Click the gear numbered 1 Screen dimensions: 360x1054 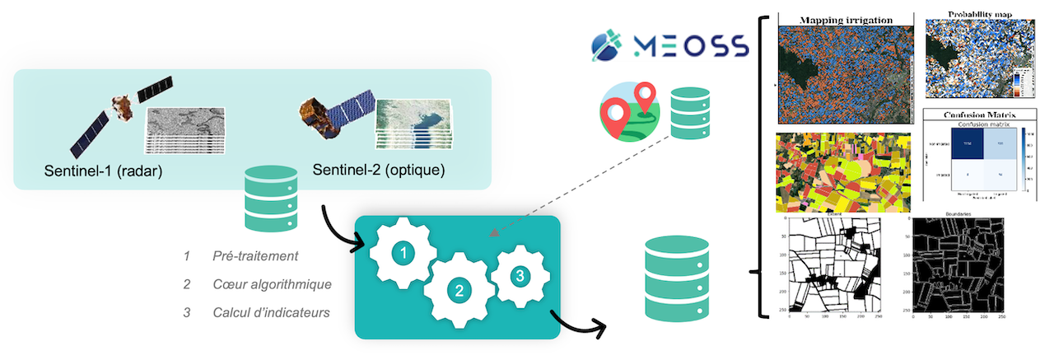coord(402,254)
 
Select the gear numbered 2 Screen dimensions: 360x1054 coord(459,289)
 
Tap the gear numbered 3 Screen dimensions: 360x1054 coord(518,276)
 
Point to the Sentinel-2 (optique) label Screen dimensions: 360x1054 coord(379,171)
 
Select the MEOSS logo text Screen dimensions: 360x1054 coord(690,44)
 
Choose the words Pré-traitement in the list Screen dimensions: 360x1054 coord(254,256)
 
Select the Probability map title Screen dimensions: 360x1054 coord(979,15)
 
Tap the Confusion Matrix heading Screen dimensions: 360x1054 coord(978,115)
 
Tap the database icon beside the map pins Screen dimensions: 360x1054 coord(689,114)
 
